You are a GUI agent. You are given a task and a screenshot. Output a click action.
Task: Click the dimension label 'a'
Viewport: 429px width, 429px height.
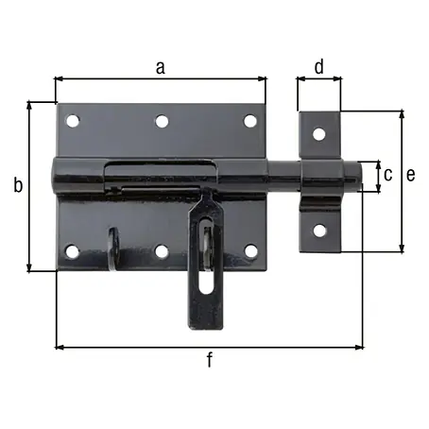point(161,68)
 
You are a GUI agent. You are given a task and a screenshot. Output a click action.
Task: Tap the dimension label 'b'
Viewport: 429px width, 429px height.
point(18,184)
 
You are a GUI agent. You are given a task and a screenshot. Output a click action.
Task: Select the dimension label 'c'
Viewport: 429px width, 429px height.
point(388,175)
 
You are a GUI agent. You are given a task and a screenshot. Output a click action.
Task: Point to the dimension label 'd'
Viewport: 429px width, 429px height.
point(319,66)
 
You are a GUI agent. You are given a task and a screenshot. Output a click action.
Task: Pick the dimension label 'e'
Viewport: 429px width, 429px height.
point(411,175)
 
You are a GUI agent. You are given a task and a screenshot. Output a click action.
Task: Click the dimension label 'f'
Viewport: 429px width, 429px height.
point(210,360)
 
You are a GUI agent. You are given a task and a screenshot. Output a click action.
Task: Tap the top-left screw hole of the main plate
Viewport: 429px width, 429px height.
point(73,121)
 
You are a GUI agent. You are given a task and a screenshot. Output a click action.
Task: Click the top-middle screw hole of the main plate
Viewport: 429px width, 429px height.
point(162,121)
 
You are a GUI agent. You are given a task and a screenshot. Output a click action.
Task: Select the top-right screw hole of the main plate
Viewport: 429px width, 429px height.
point(250,121)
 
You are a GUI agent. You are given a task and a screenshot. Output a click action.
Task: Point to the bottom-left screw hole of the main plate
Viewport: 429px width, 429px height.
point(72,251)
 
